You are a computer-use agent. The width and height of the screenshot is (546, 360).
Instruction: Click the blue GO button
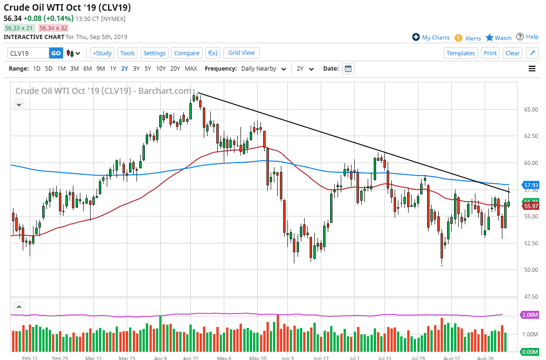coord(56,53)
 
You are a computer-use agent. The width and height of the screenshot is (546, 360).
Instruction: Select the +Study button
coord(102,53)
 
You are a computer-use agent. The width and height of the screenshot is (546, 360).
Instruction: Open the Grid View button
coord(241,53)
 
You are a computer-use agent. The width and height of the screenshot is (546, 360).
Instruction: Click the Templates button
coord(461,53)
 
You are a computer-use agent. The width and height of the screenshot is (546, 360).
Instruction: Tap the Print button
coord(490,53)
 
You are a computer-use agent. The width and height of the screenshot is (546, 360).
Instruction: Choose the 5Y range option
coord(148,68)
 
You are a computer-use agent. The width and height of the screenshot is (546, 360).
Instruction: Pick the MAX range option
coord(191,68)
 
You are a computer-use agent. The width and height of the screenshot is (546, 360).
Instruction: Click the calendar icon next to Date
coord(348,69)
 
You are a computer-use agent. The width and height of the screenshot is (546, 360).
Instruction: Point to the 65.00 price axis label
coord(531,110)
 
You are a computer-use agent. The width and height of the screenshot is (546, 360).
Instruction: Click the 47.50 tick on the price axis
coord(531,296)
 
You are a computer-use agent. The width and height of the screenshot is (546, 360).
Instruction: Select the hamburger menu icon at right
coord(532,69)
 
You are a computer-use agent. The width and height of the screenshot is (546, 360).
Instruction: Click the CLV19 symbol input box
coord(28,53)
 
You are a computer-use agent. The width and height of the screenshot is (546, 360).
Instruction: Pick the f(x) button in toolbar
coord(213,53)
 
